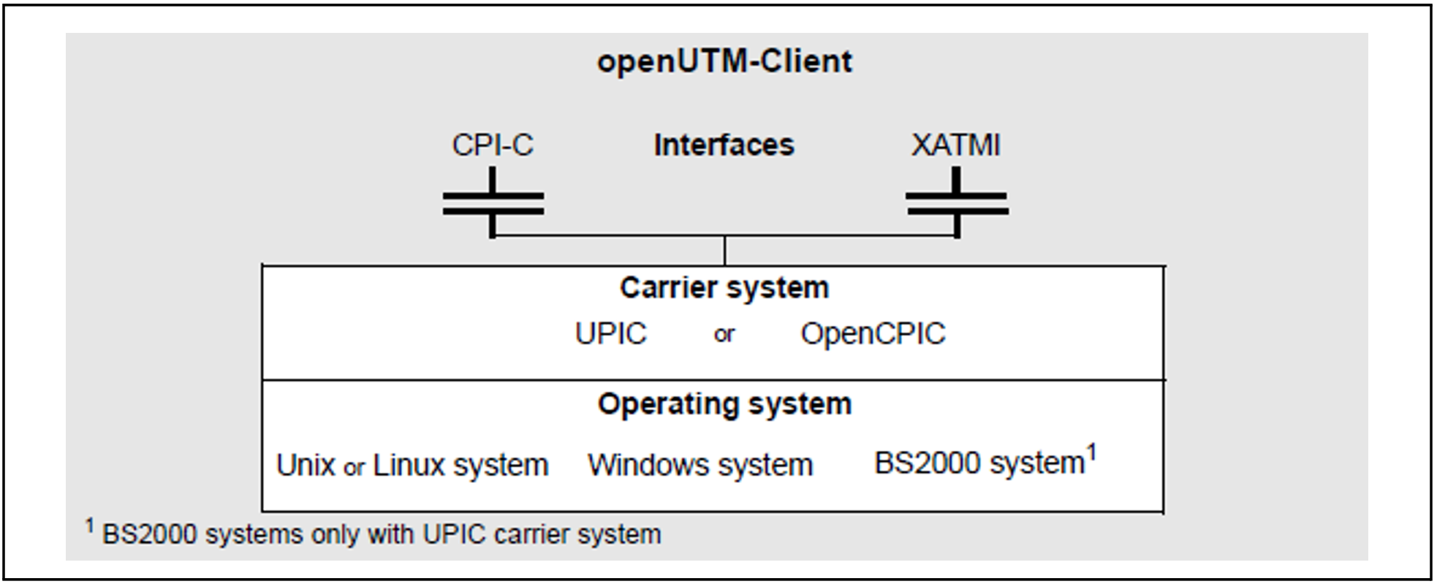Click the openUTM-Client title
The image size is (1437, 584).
[724, 61]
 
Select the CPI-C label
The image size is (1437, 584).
[493, 145]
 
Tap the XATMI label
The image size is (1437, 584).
[955, 145]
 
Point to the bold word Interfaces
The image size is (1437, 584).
[724, 145]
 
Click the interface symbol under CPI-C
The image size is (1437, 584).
[493, 202]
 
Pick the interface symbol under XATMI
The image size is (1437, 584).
[957, 202]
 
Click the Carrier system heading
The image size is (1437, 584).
[724, 288]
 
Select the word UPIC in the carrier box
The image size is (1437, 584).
[611, 334]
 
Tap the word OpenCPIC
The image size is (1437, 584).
[873, 334]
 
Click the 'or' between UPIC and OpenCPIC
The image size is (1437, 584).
[724, 335]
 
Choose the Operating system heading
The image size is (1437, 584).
[724, 404]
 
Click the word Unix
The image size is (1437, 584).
[306, 466]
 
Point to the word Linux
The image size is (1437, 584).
[409, 466]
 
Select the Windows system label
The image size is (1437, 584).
[700, 466]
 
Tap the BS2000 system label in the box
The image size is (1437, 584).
[979, 463]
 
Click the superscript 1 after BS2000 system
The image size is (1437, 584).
[1091, 452]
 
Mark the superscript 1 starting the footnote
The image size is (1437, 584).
[90, 525]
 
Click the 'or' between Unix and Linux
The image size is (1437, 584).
[354, 467]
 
